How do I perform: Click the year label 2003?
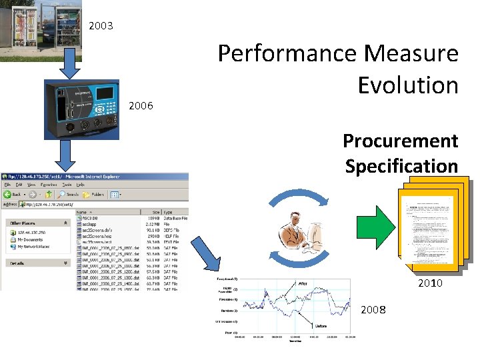coord(101,26)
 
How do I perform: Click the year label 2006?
coord(141,105)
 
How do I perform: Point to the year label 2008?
coord(373,310)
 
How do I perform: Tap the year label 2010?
coord(430,283)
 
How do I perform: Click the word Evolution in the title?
coord(407,85)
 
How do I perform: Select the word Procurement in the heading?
coord(400,141)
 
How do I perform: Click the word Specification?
coord(401,165)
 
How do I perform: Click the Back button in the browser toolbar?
coord(17,195)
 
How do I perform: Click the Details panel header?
coord(17,263)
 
